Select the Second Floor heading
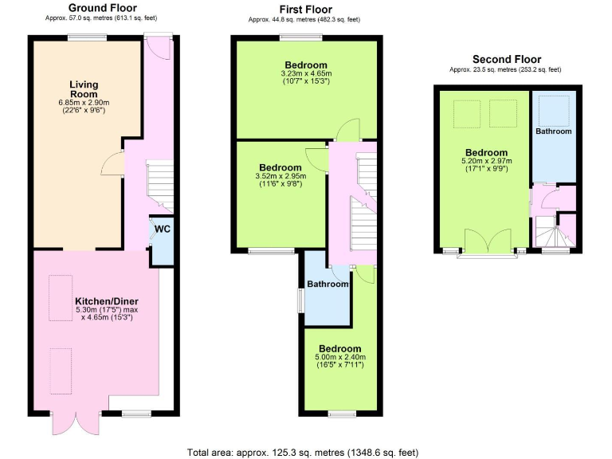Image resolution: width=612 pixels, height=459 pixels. [x=506, y=59]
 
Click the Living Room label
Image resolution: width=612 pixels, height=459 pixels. [x=84, y=89]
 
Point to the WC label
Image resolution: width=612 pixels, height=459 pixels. [x=163, y=229]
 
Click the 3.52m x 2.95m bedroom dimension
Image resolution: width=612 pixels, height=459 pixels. [x=279, y=177]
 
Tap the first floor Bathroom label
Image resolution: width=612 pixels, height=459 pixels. [x=328, y=284]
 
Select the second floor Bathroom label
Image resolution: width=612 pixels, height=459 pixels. [x=553, y=131]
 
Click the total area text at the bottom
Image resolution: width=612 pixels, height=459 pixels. [x=303, y=452]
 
